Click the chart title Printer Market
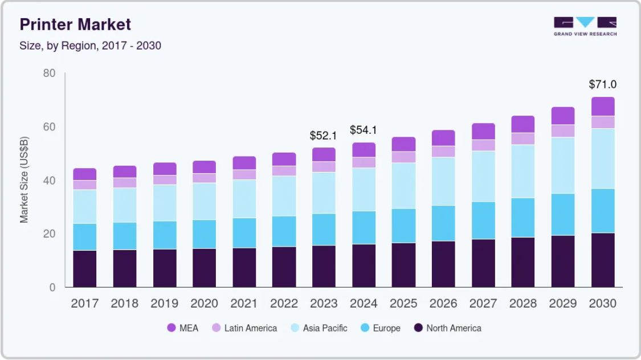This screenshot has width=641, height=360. point(75,24)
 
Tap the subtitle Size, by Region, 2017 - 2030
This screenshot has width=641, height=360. point(91,46)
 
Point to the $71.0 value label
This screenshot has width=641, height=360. point(603,84)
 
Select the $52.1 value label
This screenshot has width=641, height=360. point(324,135)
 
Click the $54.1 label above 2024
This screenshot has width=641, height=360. point(363,130)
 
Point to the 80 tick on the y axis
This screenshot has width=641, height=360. point(49,73)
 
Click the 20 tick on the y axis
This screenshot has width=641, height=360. point(49,234)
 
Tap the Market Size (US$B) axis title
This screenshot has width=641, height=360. point(24,180)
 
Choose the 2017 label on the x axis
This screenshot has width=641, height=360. point(85,303)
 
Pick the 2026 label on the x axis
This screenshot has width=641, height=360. point(443,303)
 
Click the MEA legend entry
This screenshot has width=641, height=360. point(183,328)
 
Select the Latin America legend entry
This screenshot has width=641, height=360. point(244,328)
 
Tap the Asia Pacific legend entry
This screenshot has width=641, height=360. point(319,328)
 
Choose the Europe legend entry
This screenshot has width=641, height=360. point(381,328)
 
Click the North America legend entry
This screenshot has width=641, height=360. point(448,328)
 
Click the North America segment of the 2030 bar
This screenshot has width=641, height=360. point(603,260)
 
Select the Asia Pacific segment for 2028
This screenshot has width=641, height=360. point(523,171)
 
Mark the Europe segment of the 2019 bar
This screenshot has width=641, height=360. point(165,235)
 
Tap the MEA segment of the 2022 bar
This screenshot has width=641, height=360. point(284,159)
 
